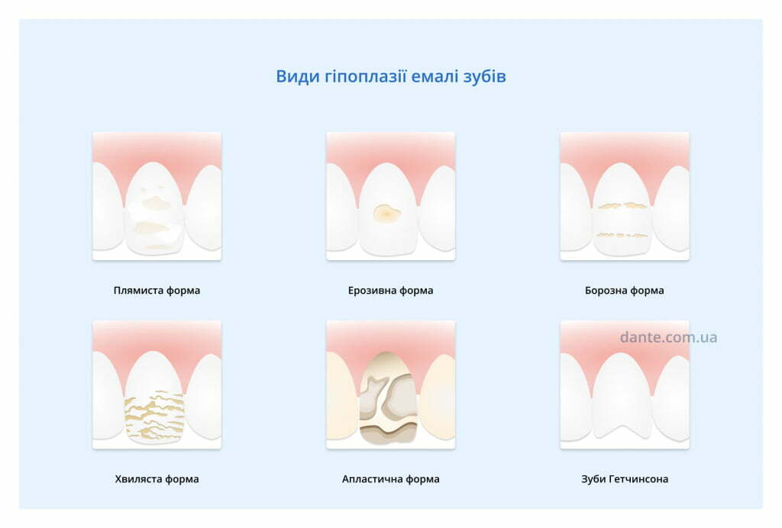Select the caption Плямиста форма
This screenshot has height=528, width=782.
157,291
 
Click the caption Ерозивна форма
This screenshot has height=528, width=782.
390,291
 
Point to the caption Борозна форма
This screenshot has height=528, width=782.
625,291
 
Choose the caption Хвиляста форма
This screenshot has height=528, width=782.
157,479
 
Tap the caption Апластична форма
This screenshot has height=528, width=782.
390,479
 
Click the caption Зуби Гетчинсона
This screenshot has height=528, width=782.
625,479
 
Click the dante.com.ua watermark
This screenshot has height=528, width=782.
668,337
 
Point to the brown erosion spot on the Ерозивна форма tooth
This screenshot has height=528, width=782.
386,213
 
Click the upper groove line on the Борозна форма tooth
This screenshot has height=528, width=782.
622,205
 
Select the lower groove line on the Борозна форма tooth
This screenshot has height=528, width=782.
622,234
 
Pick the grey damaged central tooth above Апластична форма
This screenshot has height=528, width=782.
388,398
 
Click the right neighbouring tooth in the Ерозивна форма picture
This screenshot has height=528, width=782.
437,208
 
